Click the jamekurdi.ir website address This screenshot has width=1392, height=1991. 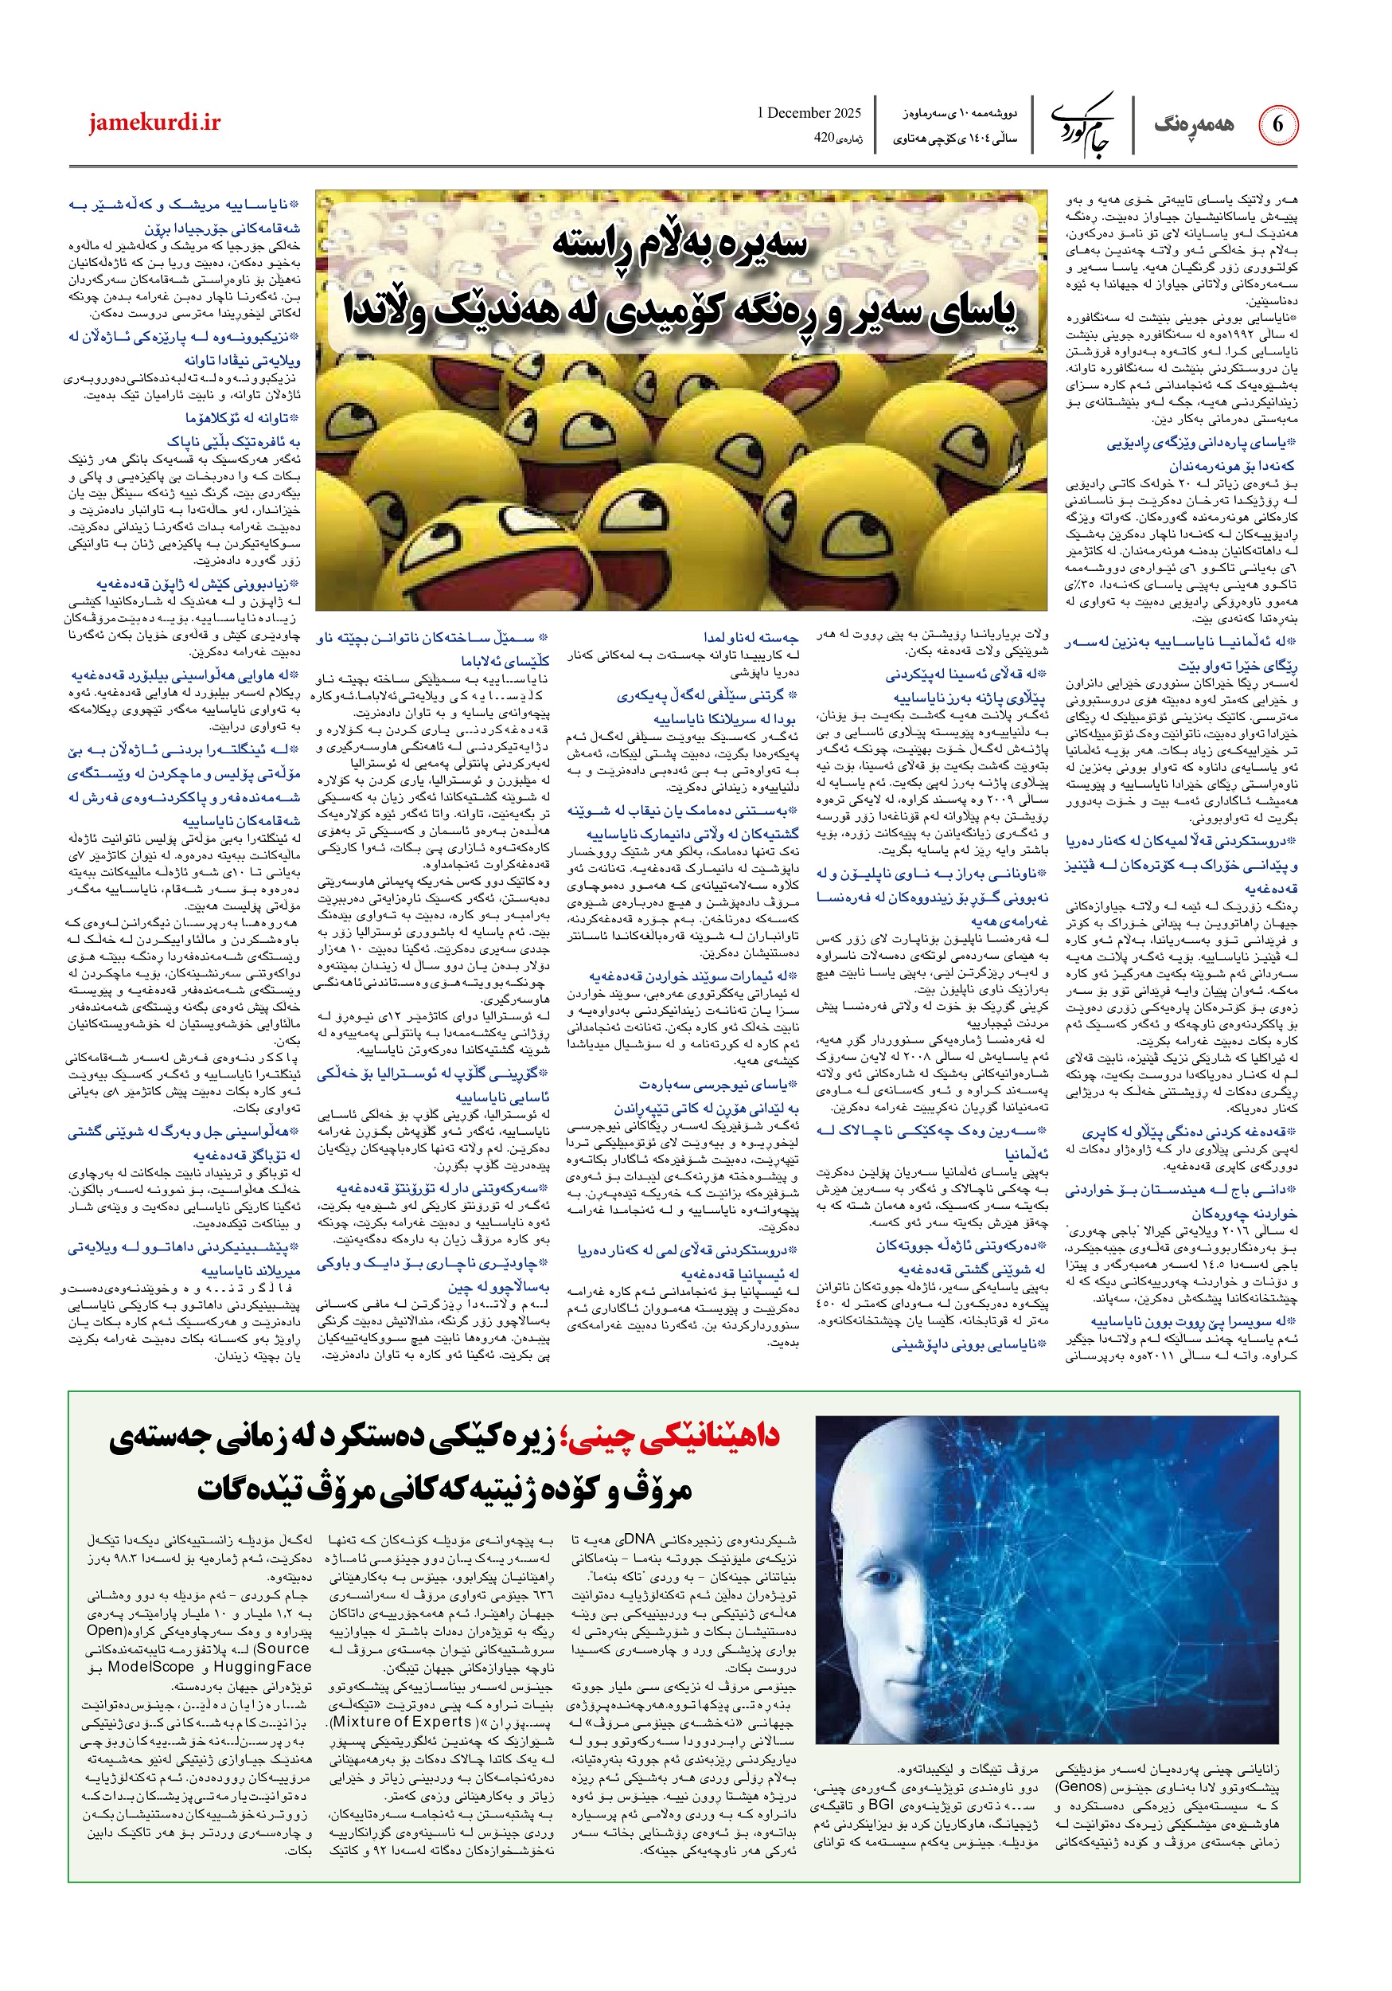click(154, 123)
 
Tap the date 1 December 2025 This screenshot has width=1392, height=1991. click(809, 113)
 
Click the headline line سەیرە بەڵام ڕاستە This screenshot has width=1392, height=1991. click(680, 245)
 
